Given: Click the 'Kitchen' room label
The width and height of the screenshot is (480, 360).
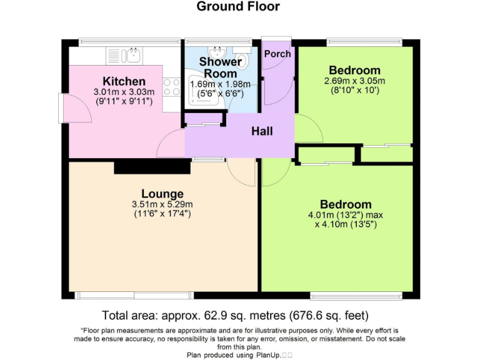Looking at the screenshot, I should pyautogui.click(x=124, y=81).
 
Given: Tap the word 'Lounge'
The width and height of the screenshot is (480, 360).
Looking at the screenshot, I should pyautogui.click(x=162, y=194).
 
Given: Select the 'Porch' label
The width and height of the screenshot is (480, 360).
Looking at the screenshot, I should pyautogui.click(x=277, y=54).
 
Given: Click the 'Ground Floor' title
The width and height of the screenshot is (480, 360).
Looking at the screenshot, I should pyautogui.click(x=238, y=7).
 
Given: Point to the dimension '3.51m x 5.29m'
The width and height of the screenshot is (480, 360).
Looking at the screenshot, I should pyautogui.click(x=162, y=204).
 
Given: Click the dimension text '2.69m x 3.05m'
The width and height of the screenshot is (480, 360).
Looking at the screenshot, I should pyautogui.click(x=354, y=81).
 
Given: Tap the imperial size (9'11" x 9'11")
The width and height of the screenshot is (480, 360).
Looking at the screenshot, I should pyautogui.click(x=124, y=101).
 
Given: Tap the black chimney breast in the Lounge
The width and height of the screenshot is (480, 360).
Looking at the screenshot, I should pyautogui.click(x=152, y=167).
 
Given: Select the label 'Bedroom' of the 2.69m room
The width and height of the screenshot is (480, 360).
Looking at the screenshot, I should pyautogui.click(x=354, y=70).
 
